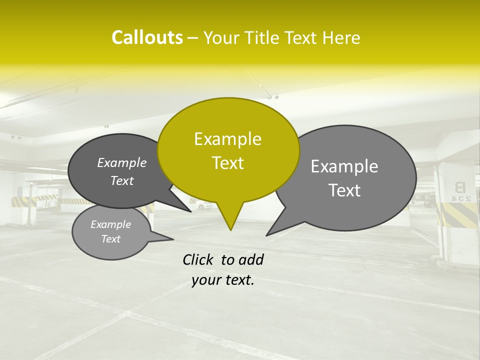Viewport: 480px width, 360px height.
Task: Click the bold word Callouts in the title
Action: (x=147, y=37)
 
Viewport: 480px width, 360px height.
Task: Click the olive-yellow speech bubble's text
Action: (x=228, y=151)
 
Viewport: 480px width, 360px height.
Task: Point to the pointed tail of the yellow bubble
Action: (x=230, y=228)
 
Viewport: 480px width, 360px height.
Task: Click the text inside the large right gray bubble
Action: (x=344, y=178)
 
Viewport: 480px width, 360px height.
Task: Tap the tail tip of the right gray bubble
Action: (x=267, y=234)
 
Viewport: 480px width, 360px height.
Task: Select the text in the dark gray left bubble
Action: (x=122, y=171)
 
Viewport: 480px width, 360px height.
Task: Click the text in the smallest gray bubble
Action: (x=110, y=231)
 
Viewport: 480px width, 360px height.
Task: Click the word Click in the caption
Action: (x=199, y=259)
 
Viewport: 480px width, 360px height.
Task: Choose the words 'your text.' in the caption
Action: (x=223, y=280)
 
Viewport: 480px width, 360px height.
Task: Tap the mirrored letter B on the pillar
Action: (x=459, y=187)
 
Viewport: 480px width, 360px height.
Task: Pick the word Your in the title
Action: (x=222, y=37)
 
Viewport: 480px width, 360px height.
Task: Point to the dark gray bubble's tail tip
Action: (x=190, y=211)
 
